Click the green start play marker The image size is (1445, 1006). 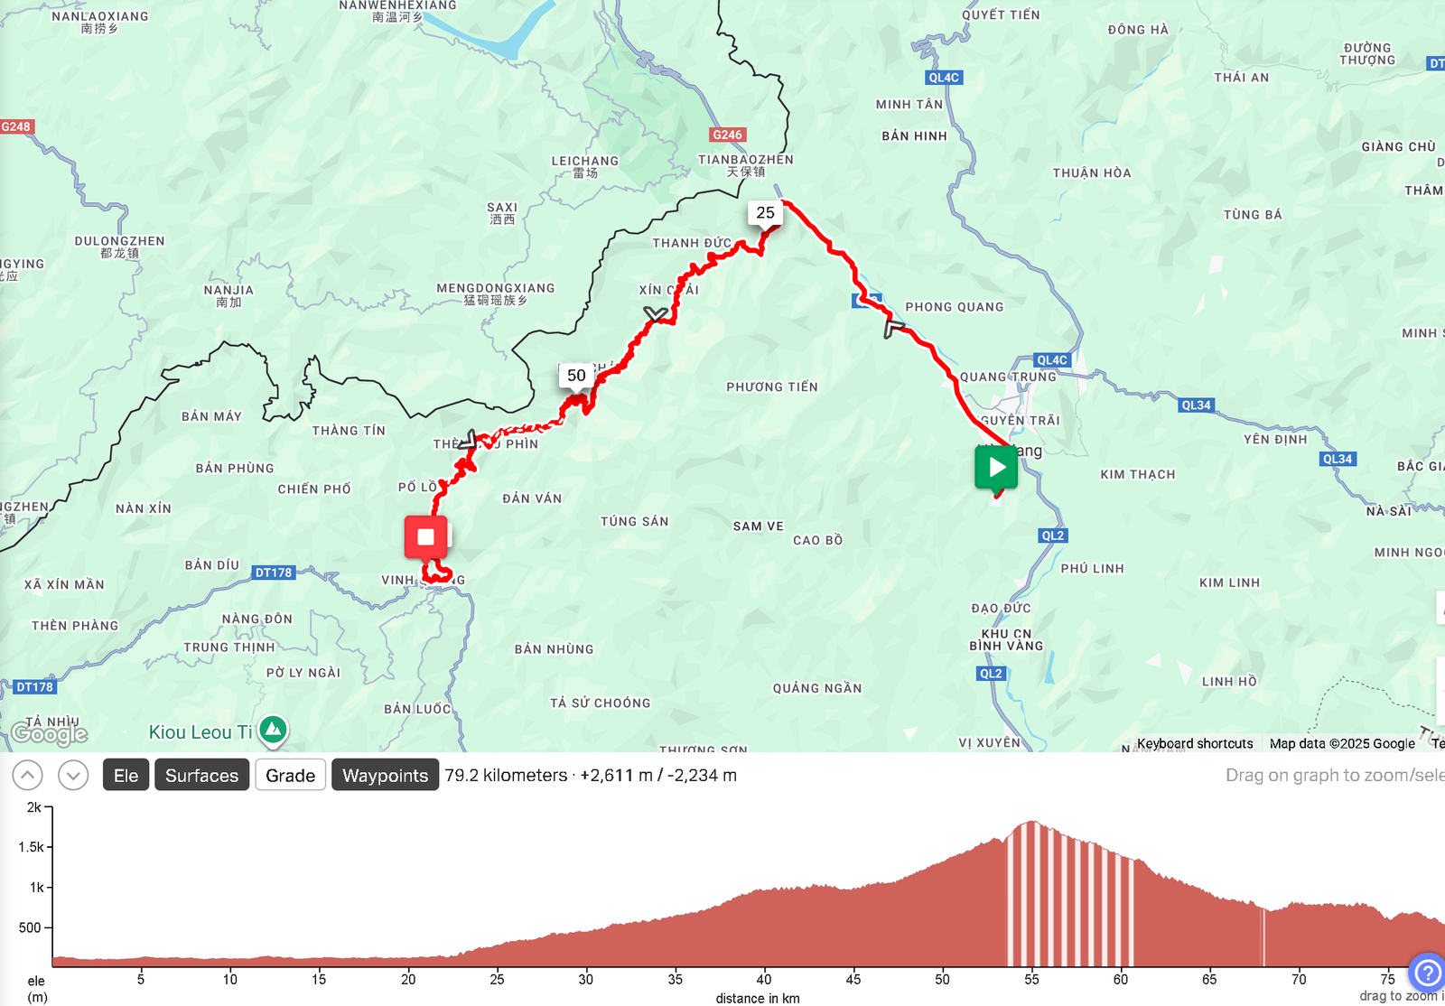click(x=996, y=467)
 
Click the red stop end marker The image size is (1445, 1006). click(x=425, y=537)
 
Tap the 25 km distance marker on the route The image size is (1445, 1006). click(x=765, y=213)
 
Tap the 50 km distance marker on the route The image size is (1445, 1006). click(x=576, y=376)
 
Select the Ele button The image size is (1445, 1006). click(x=126, y=776)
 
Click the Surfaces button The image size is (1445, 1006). click(x=201, y=776)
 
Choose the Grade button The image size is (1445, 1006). click(x=290, y=776)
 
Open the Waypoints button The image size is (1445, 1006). click(x=385, y=776)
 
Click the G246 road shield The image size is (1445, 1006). click(x=727, y=135)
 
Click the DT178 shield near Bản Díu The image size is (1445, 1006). click(x=274, y=573)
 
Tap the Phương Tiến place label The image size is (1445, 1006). click(x=772, y=387)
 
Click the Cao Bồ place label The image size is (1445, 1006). click(x=817, y=541)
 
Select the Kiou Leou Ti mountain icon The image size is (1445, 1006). click(x=273, y=730)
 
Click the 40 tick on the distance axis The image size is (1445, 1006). click(x=764, y=979)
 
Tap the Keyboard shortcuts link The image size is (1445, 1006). click(x=1195, y=743)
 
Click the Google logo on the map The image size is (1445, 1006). click(x=50, y=733)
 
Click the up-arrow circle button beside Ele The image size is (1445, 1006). click(x=27, y=775)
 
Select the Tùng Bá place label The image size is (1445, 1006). click(x=1253, y=215)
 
